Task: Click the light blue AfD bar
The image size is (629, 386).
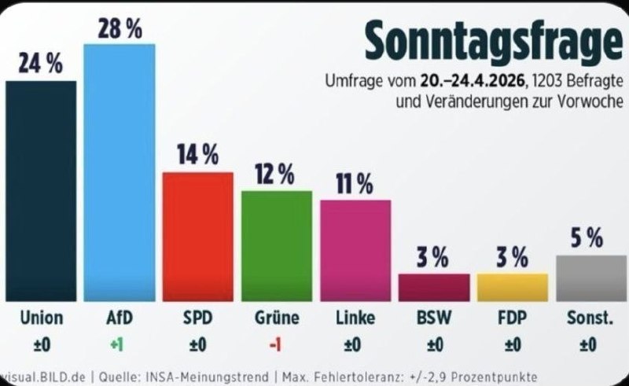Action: pos(119,173)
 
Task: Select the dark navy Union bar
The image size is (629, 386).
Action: pos(41,191)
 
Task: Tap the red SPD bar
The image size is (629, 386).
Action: pos(197,236)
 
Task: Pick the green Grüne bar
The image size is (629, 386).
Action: pos(276,245)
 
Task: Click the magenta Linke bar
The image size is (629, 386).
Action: pos(355,250)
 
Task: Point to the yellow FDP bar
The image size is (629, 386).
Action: pos(512,287)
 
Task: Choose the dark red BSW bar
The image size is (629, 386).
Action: pos(434,287)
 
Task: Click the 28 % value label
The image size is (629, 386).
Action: pos(120,29)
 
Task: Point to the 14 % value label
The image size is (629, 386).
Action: pos(197,156)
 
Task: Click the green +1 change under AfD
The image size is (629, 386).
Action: pos(119,344)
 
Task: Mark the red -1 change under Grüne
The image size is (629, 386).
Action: pos(277,344)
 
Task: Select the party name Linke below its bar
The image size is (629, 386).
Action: pos(355,318)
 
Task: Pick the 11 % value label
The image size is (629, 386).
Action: pos(355,184)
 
